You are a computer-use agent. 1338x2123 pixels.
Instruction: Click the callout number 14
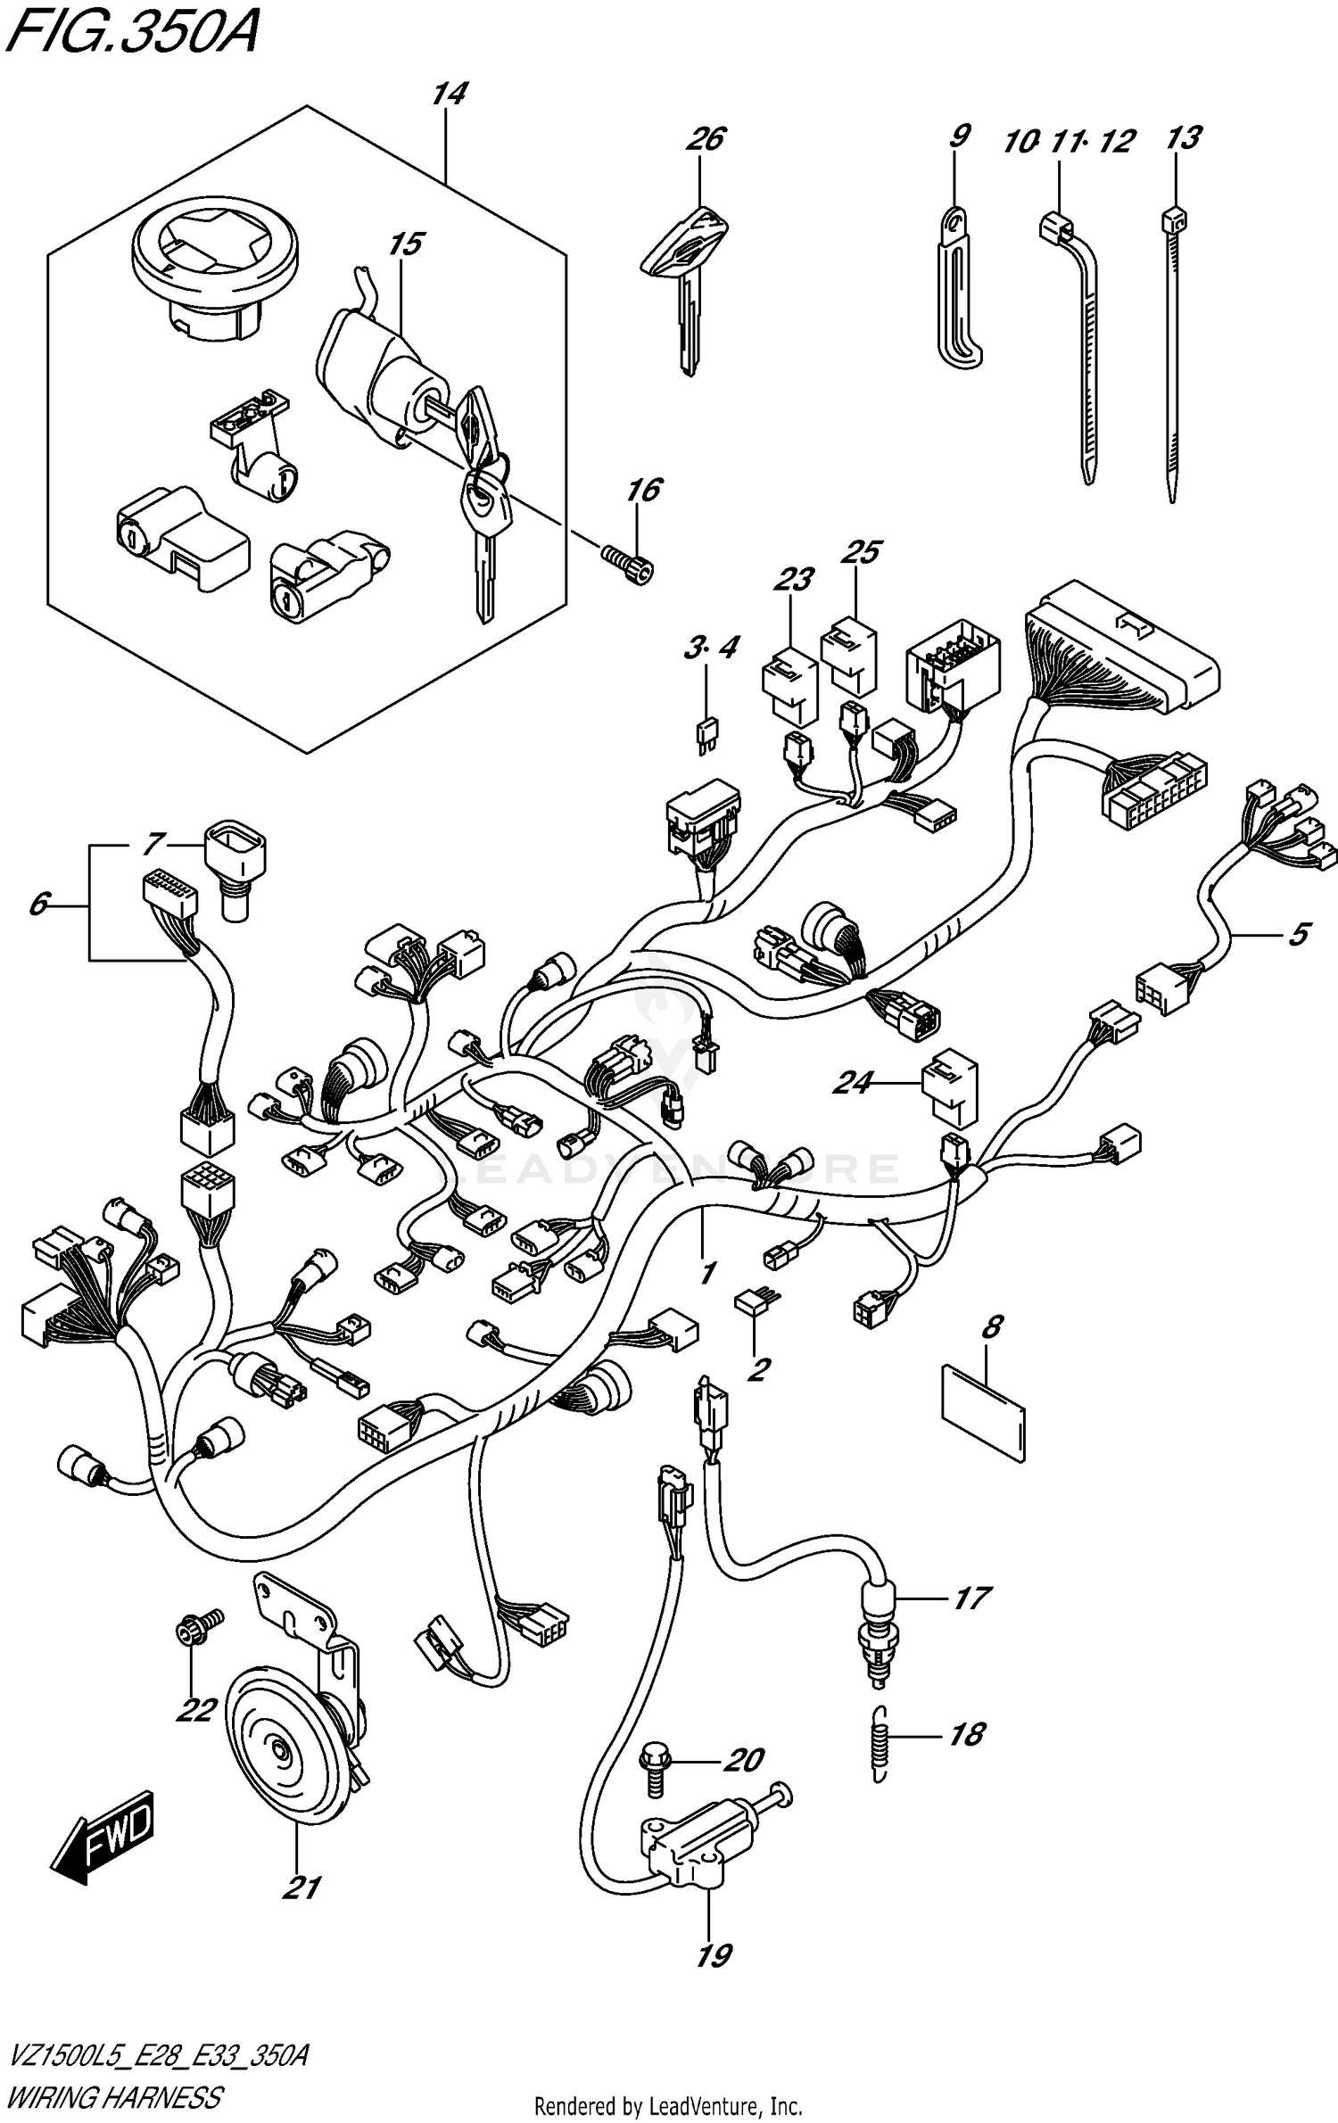tap(449, 95)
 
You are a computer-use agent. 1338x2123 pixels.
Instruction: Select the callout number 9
tap(958, 136)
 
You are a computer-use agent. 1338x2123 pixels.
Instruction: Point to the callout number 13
tap(1183, 138)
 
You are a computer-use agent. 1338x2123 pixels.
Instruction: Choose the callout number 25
tap(862, 552)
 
